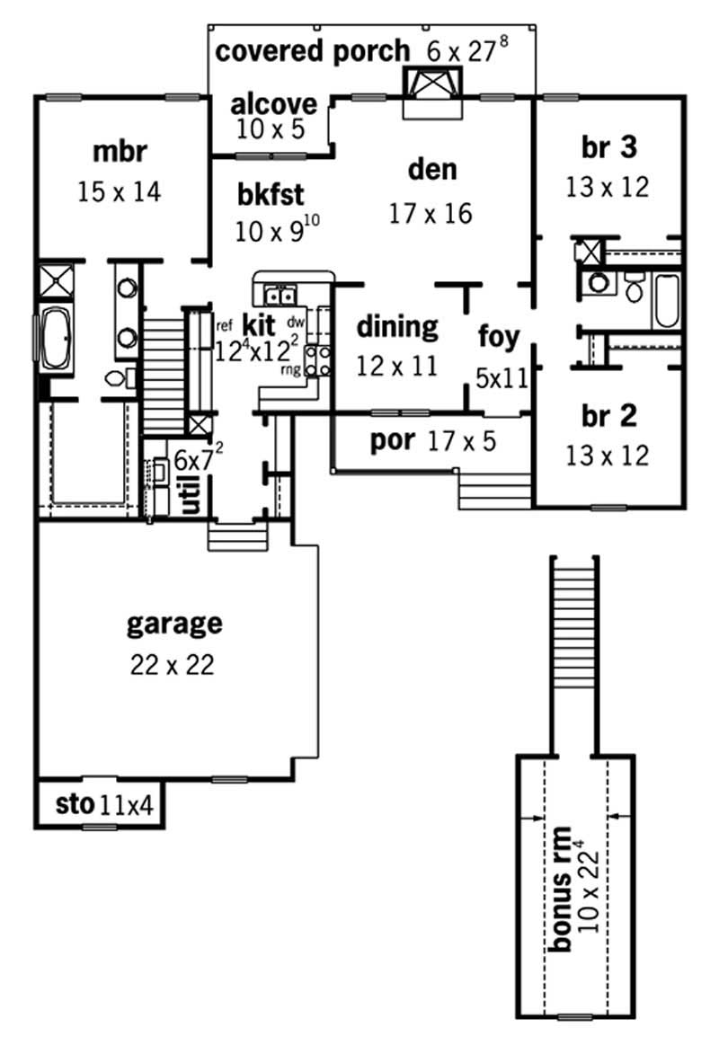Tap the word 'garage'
coord(174,622)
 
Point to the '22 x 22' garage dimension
coord(174,665)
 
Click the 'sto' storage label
coord(74,804)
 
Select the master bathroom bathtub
coord(53,339)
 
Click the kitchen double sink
coord(280,293)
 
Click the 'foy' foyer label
coord(499,337)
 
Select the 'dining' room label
coord(397,327)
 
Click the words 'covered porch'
coord(312,50)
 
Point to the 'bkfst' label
coord(271,193)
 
